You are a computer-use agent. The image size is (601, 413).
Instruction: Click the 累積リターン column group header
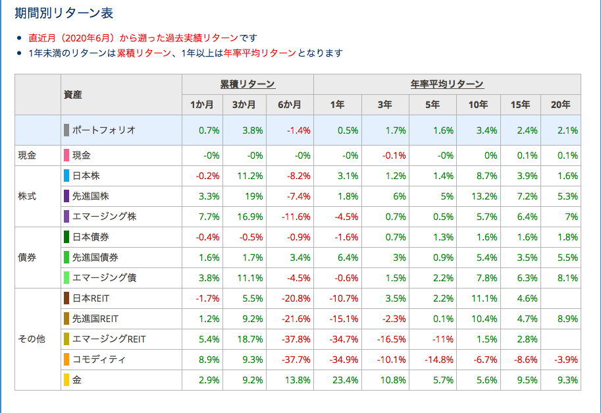[248, 84]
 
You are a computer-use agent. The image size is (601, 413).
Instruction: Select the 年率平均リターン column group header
[447, 84]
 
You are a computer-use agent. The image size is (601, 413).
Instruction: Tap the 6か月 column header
[290, 105]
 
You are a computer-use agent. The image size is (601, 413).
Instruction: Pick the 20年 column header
[561, 105]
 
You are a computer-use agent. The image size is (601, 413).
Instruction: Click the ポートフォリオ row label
[103, 130]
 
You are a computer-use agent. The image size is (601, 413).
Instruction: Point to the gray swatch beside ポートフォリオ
[66, 130]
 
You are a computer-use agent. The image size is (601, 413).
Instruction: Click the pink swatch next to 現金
[66, 155]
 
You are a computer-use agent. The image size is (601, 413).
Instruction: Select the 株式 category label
[27, 196]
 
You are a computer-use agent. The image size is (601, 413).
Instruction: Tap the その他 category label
[31, 339]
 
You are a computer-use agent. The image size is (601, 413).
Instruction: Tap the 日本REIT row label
[91, 298]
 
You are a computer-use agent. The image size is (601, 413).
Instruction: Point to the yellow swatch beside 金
[66, 380]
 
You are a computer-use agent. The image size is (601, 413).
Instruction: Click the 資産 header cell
[73, 94]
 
